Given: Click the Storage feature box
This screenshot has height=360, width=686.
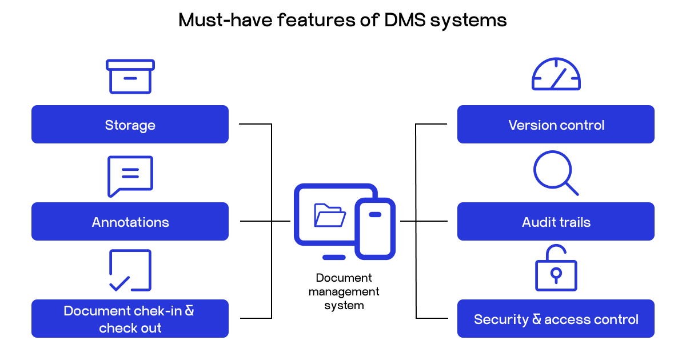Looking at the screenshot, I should click(130, 124).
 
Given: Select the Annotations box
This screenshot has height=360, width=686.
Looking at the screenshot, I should click(130, 221).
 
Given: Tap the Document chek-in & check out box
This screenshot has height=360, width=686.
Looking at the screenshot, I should click(130, 318).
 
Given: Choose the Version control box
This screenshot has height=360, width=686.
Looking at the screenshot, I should click(556, 124).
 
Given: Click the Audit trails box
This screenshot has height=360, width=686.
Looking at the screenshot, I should click(556, 221).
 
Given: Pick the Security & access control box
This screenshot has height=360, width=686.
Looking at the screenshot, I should click(556, 318).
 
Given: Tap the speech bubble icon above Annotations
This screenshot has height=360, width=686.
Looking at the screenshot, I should click(130, 175).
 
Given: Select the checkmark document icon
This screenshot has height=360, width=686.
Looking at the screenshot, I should click(130, 270).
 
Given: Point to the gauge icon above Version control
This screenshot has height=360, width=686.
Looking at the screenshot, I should click(556, 74).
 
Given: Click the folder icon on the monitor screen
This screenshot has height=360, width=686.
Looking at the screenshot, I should click(329, 215).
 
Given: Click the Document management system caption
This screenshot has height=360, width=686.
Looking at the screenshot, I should click(344, 291).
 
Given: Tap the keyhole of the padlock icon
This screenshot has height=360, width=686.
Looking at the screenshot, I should click(556, 275).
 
